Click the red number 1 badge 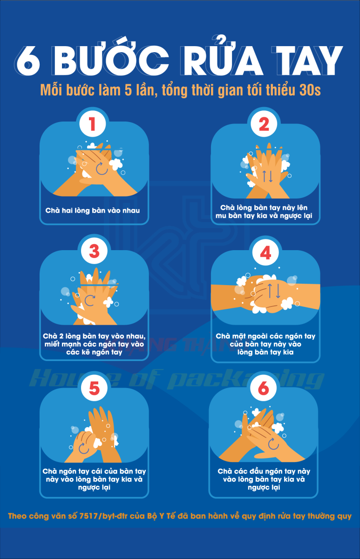click(92, 124)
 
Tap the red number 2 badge click(264, 124)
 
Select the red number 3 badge click(94, 251)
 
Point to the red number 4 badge click(265, 253)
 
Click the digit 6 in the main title click(28, 61)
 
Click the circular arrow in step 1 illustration click(102, 168)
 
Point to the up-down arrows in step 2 click(267, 176)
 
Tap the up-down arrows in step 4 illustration click(274, 291)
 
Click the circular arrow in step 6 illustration click(273, 443)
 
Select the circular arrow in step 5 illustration click(84, 448)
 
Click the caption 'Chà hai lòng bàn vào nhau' click(93, 211)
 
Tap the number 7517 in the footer click(88, 516)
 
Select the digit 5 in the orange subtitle click(128, 90)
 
